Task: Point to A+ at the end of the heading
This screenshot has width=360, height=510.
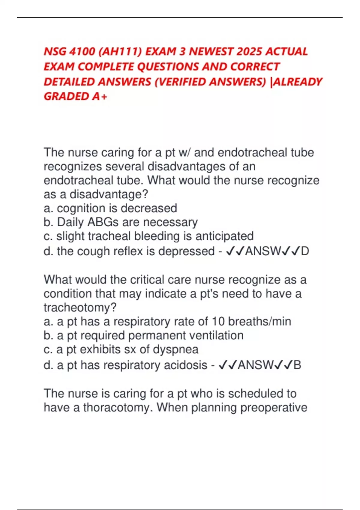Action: point(100,97)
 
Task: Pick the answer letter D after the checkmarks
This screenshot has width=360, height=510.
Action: point(305,251)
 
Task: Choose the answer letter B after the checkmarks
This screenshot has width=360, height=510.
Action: point(297,365)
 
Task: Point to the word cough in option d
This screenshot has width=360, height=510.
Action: point(91,251)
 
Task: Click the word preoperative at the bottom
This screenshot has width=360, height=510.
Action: point(274,408)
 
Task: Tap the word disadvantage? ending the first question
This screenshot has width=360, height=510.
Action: point(109,194)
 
